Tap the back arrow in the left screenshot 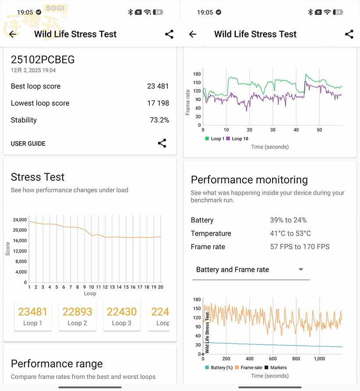(13, 34)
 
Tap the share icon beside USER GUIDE (162, 143)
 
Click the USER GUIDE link (28, 143)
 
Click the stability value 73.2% (159, 120)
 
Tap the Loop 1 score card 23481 (33, 316)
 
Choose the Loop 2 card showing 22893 (77, 316)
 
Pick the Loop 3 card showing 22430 (122, 316)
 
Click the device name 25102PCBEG (43, 60)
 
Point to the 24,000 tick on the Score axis (19, 220)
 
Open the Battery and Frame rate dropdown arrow (301, 269)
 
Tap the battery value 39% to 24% (288, 220)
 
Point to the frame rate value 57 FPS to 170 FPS (299, 247)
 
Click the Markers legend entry (275, 368)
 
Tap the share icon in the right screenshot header (349, 34)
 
